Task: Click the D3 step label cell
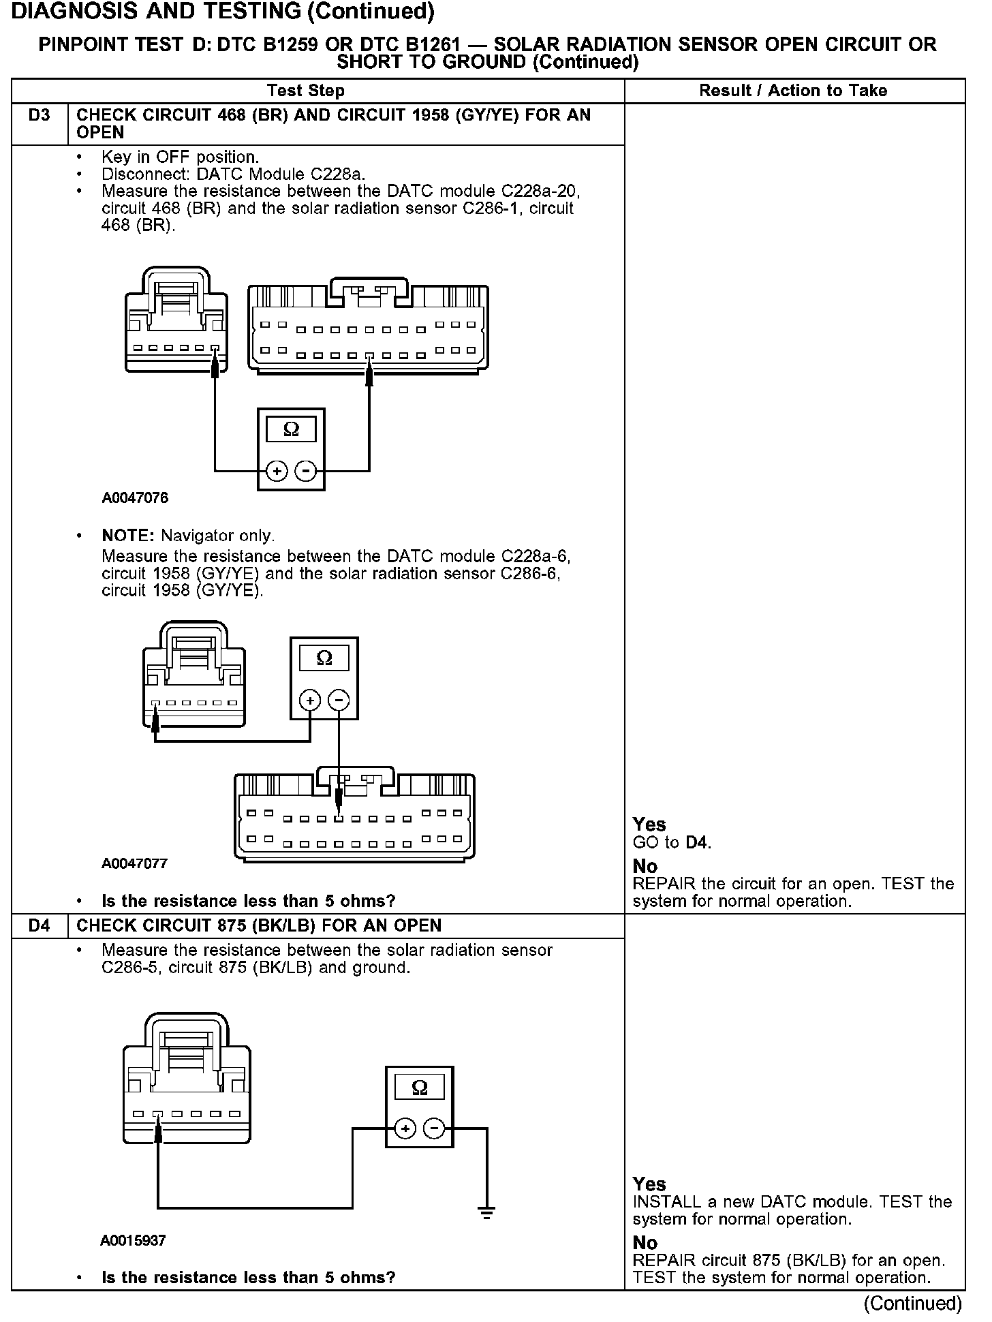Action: click(40, 116)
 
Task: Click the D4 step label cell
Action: click(40, 925)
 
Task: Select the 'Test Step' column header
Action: click(306, 91)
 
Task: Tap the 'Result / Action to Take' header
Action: click(793, 91)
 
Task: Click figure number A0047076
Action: click(135, 498)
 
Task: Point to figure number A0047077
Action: click(135, 863)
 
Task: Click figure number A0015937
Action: click(133, 1240)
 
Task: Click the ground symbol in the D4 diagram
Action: click(486, 1212)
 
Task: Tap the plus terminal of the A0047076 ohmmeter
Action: click(276, 471)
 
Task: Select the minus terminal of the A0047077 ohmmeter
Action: click(339, 700)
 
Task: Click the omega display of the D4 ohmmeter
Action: click(420, 1088)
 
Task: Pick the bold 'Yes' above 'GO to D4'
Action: click(649, 824)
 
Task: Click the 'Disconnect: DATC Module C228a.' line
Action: click(233, 174)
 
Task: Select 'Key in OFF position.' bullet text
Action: click(180, 157)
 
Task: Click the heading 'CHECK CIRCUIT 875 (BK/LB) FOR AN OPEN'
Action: click(259, 925)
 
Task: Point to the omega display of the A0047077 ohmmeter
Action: click(324, 658)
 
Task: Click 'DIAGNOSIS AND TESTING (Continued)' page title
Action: click(223, 12)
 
